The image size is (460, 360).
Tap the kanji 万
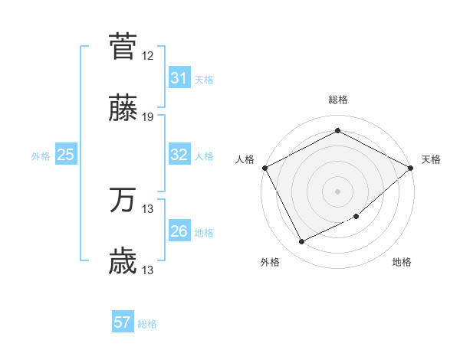pos(123,200)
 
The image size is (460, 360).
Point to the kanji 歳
pos(123,261)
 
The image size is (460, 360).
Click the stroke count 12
pos(148,56)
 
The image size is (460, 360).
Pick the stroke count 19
pos(148,117)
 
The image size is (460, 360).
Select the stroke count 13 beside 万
pos(148,209)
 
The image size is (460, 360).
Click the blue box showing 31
pos(179,78)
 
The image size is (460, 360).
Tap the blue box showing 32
pos(179,155)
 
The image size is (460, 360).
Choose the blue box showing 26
pos(179,231)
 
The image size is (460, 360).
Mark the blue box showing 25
pos(65,155)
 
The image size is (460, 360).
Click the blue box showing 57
pos(122,322)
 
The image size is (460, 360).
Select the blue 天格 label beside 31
pos(204,79)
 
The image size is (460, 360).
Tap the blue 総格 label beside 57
pos(147,323)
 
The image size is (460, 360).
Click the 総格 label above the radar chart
pos(338,100)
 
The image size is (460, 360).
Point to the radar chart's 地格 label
pos(402,263)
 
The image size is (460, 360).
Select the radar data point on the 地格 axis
pos(357,218)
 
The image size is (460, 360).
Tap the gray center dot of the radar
pos(338,191)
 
